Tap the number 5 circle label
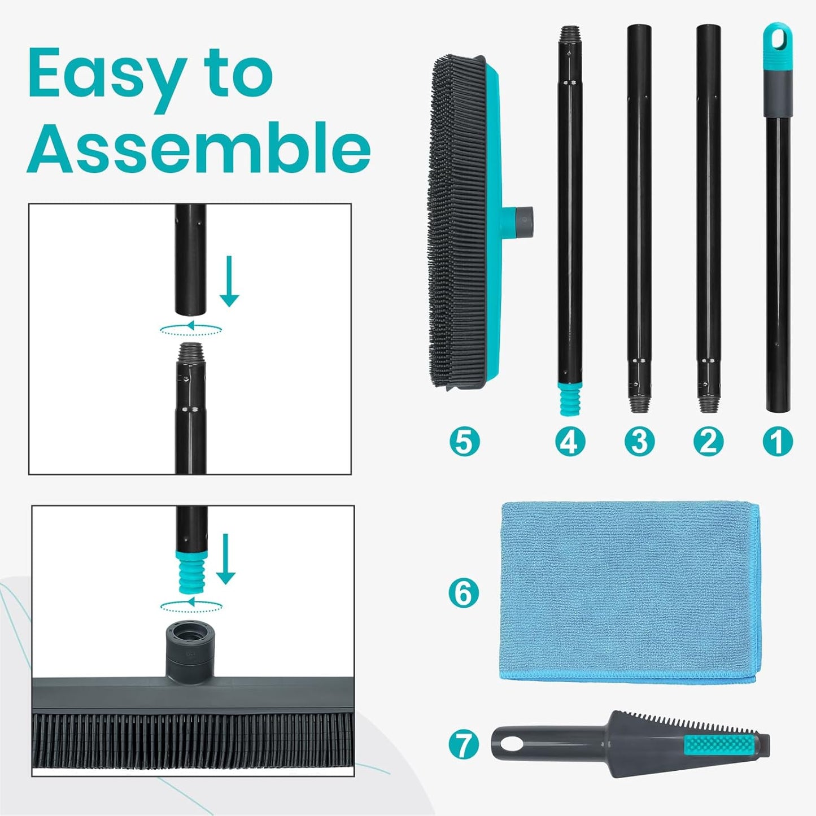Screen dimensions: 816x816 tap(464, 441)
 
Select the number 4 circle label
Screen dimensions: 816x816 tap(569, 441)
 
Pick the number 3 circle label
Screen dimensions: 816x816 tap(639, 441)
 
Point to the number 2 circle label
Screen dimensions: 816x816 tap(708, 441)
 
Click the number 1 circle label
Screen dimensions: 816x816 tap(778, 441)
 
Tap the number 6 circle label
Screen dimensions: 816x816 tap(463, 593)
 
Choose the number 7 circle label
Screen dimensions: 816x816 tap(463, 744)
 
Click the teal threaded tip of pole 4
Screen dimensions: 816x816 tap(569, 398)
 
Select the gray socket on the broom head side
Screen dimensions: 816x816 tap(525, 215)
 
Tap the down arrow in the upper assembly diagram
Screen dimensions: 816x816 tap(229, 281)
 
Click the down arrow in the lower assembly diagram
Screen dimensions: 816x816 tap(225, 559)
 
